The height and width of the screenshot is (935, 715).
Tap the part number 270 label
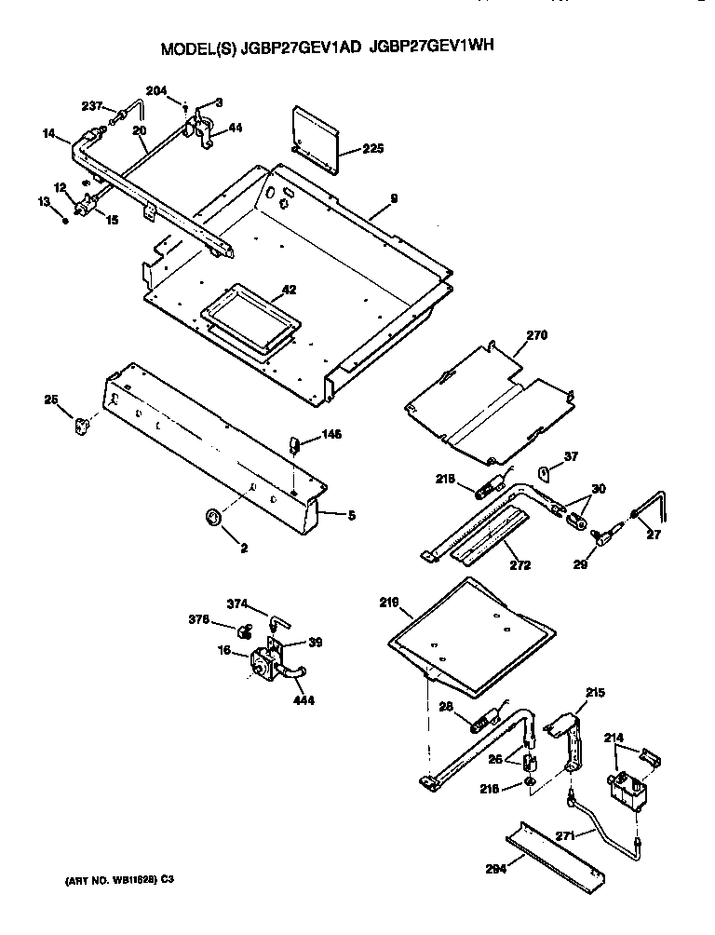pyautogui.click(x=538, y=335)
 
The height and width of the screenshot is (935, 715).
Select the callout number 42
pyautogui.click(x=290, y=290)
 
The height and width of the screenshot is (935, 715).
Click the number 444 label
pyautogui.click(x=303, y=700)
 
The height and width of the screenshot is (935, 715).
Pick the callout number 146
pyautogui.click(x=332, y=434)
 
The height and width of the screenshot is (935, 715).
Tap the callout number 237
pyautogui.click(x=92, y=104)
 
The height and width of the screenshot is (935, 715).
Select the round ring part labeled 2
pyautogui.click(x=213, y=517)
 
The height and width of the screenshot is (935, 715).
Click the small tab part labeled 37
pyautogui.click(x=548, y=473)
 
